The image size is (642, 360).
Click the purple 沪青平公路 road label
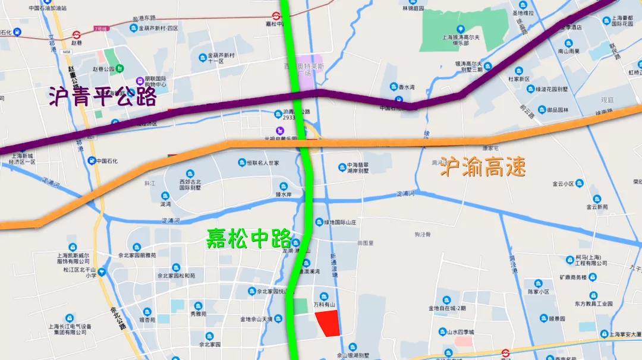coord(102,97)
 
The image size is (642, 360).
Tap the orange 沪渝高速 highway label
coord(483,168)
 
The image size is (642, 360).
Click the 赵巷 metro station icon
coord(76,34)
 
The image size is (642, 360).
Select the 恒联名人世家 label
coord(263,163)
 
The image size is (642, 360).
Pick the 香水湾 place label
coord(407,87)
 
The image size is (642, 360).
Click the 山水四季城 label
coord(460,332)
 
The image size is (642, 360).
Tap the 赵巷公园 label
coord(103,69)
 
